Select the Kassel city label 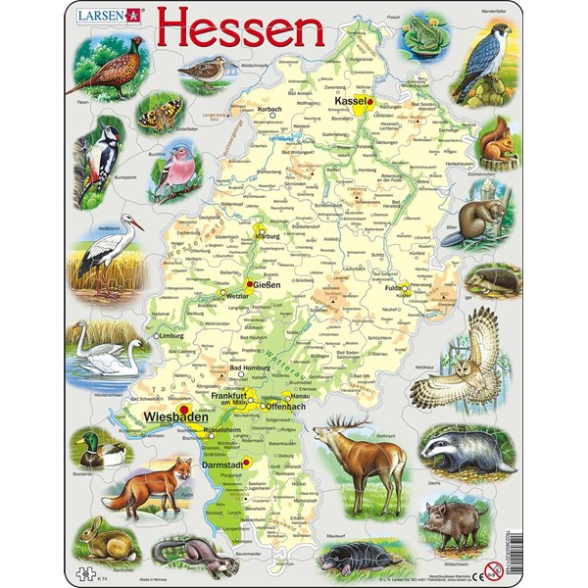349,101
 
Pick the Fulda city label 394,290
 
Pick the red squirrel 496,143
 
